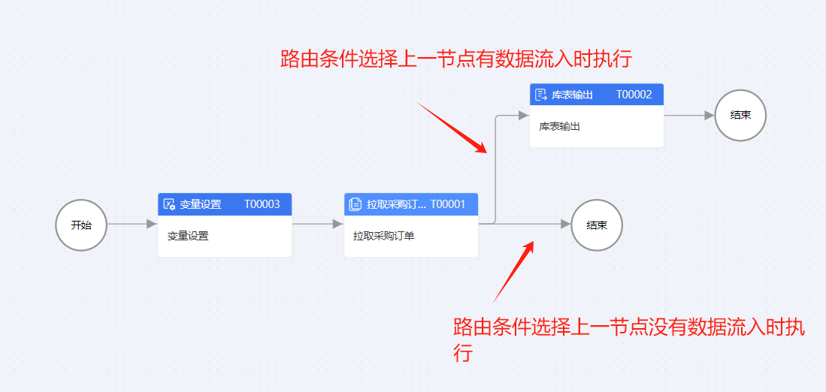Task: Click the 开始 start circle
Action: [x=81, y=225]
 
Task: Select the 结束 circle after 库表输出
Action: [x=740, y=116]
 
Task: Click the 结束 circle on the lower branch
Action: [x=597, y=225]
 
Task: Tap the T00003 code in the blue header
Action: [x=262, y=204]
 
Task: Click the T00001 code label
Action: [x=448, y=204]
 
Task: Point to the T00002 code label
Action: [x=634, y=95]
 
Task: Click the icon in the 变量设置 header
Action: [x=170, y=204]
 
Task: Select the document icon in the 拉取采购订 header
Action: [x=356, y=204]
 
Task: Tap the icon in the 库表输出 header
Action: [x=541, y=95]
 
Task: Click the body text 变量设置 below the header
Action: [x=188, y=236]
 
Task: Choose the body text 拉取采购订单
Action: [x=384, y=236]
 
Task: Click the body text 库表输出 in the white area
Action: [x=560, y=126]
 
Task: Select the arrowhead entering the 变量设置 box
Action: [x=152, y=224]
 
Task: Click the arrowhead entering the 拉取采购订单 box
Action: [x=338, y=224]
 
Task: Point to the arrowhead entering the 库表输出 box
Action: [x=524, y=116]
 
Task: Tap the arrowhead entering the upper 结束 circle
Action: [x=709, y=116]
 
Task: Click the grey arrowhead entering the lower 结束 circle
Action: [x=565, y=224]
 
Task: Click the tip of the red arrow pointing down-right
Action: [x=486, y=152]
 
